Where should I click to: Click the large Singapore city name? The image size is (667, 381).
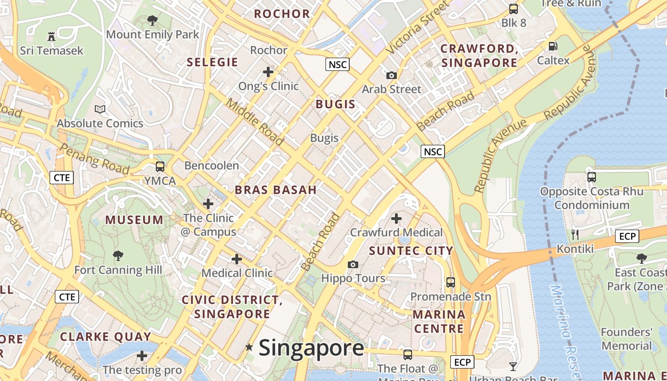[311, 348]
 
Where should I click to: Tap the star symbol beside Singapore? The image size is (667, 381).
[249, 347]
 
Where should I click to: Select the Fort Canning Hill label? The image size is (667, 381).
[118, 270]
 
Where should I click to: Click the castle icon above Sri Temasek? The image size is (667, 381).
[51, 36]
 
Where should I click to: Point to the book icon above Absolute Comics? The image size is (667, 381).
[100, 110]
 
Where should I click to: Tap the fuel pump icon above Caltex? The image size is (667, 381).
[553, 46]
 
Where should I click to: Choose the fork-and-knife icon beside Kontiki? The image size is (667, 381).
[575, 234]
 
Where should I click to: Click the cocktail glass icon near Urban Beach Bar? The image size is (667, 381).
[513, 366]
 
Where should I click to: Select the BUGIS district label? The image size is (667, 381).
[335, 104]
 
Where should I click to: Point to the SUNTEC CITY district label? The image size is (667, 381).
[411, 251]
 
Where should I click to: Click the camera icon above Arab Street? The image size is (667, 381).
[392, 75]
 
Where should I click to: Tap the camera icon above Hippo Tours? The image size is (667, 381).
[353, 264]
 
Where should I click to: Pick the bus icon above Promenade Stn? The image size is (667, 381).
[451, 282]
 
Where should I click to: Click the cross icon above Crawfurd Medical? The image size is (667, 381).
[396, 219]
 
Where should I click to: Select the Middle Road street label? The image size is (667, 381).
[254, 121]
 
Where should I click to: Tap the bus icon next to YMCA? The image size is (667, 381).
[160, 167]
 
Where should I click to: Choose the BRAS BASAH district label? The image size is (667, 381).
[275, 190]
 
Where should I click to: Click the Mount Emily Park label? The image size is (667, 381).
[152, 34]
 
